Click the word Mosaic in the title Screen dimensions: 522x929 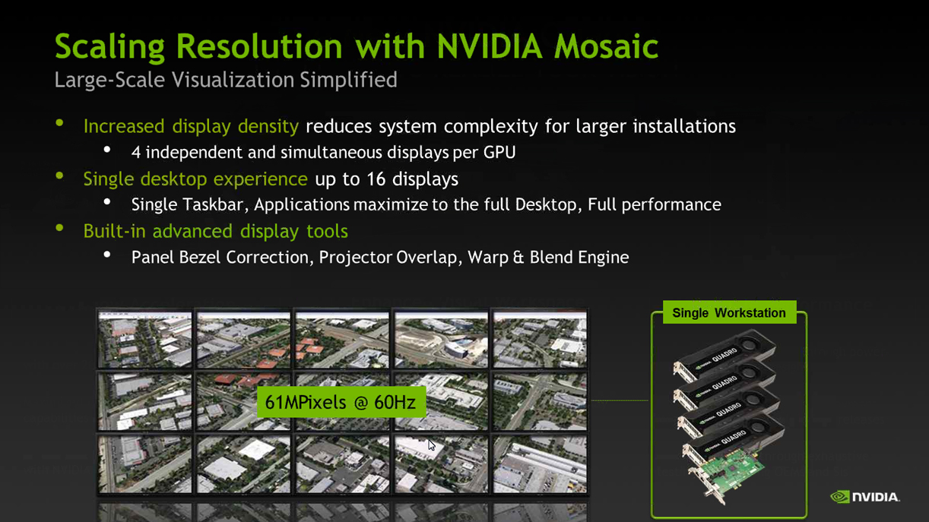(605, 46)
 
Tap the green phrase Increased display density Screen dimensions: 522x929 (191, 126)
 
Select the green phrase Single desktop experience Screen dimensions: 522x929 (195, 179)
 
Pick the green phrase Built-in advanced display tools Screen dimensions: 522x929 (215, 231)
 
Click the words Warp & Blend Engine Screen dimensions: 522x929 (548, 258)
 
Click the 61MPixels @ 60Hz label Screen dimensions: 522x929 (341, 402)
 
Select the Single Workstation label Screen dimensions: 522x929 (728, 313)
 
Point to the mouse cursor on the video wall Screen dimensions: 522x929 (431, 445)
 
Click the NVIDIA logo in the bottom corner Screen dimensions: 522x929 (864, 497)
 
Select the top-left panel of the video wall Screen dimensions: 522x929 (144, 339)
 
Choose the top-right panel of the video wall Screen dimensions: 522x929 (539, 339)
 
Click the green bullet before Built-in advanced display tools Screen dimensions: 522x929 (60, 229)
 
